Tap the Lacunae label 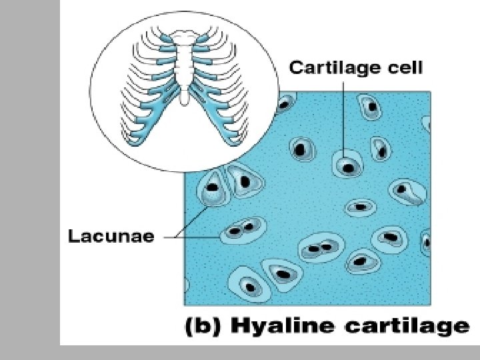pyautogui.click(x=111, y=235)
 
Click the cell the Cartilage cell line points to pyautogui.click(x=347, y=164)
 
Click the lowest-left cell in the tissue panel pyautogui.click(x=249, y=285)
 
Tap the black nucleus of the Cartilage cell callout pyautogui.click(x=347, y=166)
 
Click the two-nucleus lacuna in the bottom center pyautogui.click(x=319, y=249)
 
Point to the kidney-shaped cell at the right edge pyautogui.click(x=408, y=193)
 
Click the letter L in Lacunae pyautogui.click(x=74, y=235)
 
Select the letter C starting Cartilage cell pyautogui.click(x=295, y=68)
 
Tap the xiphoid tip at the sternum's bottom pyautogui.click(x=183, y=101)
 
